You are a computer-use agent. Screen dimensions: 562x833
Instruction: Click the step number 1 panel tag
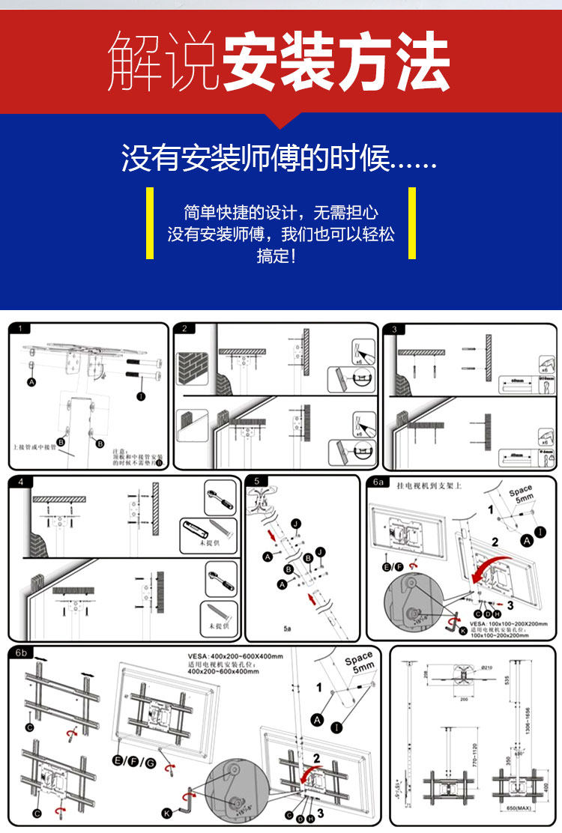pyautogui.click(x=21, y=328)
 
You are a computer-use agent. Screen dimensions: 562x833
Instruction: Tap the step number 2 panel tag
pyautogui.click(x=184, y=328)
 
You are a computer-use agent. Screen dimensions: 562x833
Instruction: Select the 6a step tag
pyautogui.click(x=379, y=483)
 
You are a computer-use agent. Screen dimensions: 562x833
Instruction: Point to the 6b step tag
pyautogui.click(x=21, y=652)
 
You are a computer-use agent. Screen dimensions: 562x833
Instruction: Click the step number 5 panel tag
pyautogui.click(x=257, y=481)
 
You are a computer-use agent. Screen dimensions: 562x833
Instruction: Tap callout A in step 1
pyautogui.click(x=31, y=382)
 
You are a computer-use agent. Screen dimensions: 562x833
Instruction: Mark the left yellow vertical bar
pyautogui.click(x=150, y=223)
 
